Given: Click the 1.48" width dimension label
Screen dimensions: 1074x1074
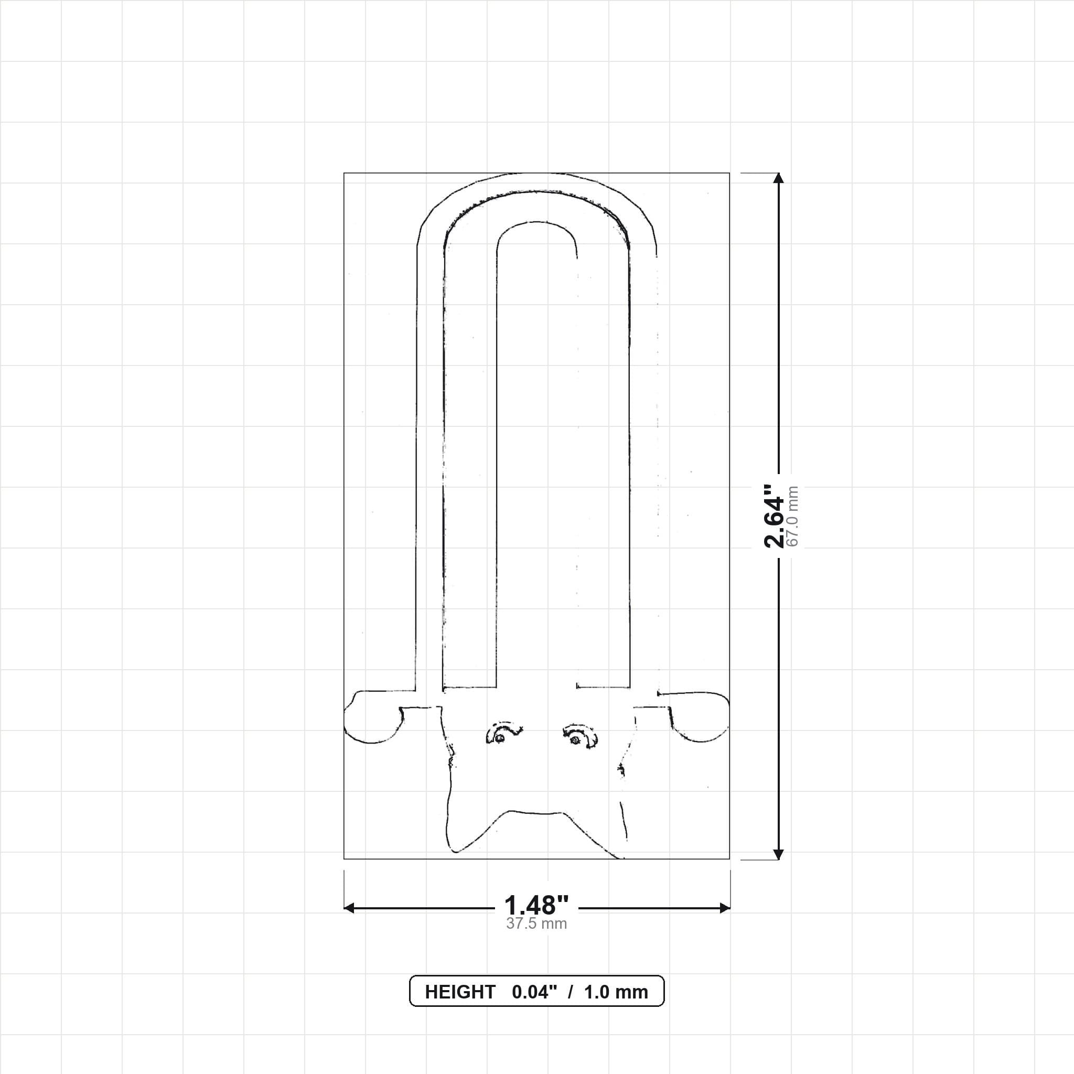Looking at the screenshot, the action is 536,906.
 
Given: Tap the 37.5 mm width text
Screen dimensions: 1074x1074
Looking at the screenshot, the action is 536,924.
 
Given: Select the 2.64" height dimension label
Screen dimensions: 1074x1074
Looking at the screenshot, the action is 774,516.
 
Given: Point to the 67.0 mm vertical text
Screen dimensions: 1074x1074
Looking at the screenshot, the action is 793,517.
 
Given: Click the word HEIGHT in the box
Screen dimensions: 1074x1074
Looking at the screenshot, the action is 460,992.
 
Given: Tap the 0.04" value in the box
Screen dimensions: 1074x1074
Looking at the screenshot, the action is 534,992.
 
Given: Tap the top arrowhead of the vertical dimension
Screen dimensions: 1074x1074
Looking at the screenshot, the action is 778,178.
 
